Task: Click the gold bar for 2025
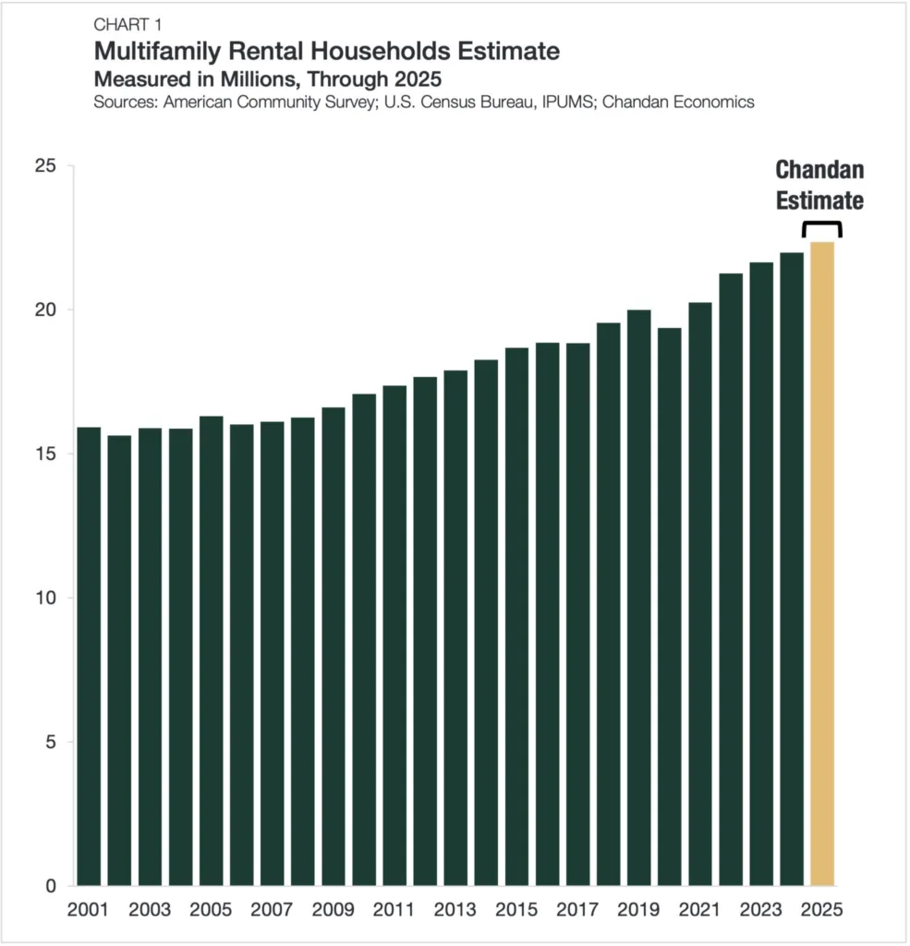[x=821, y=564]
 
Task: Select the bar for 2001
[x=89, y=656]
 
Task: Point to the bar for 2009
[x=334, y=647]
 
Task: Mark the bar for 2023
[x=760, y=574]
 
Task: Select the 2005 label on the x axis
[x=211, y=910]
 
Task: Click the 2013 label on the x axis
[x=455, y=910]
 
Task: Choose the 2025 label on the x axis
[x=821, y=910]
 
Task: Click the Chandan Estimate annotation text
[x=819, y=186]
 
